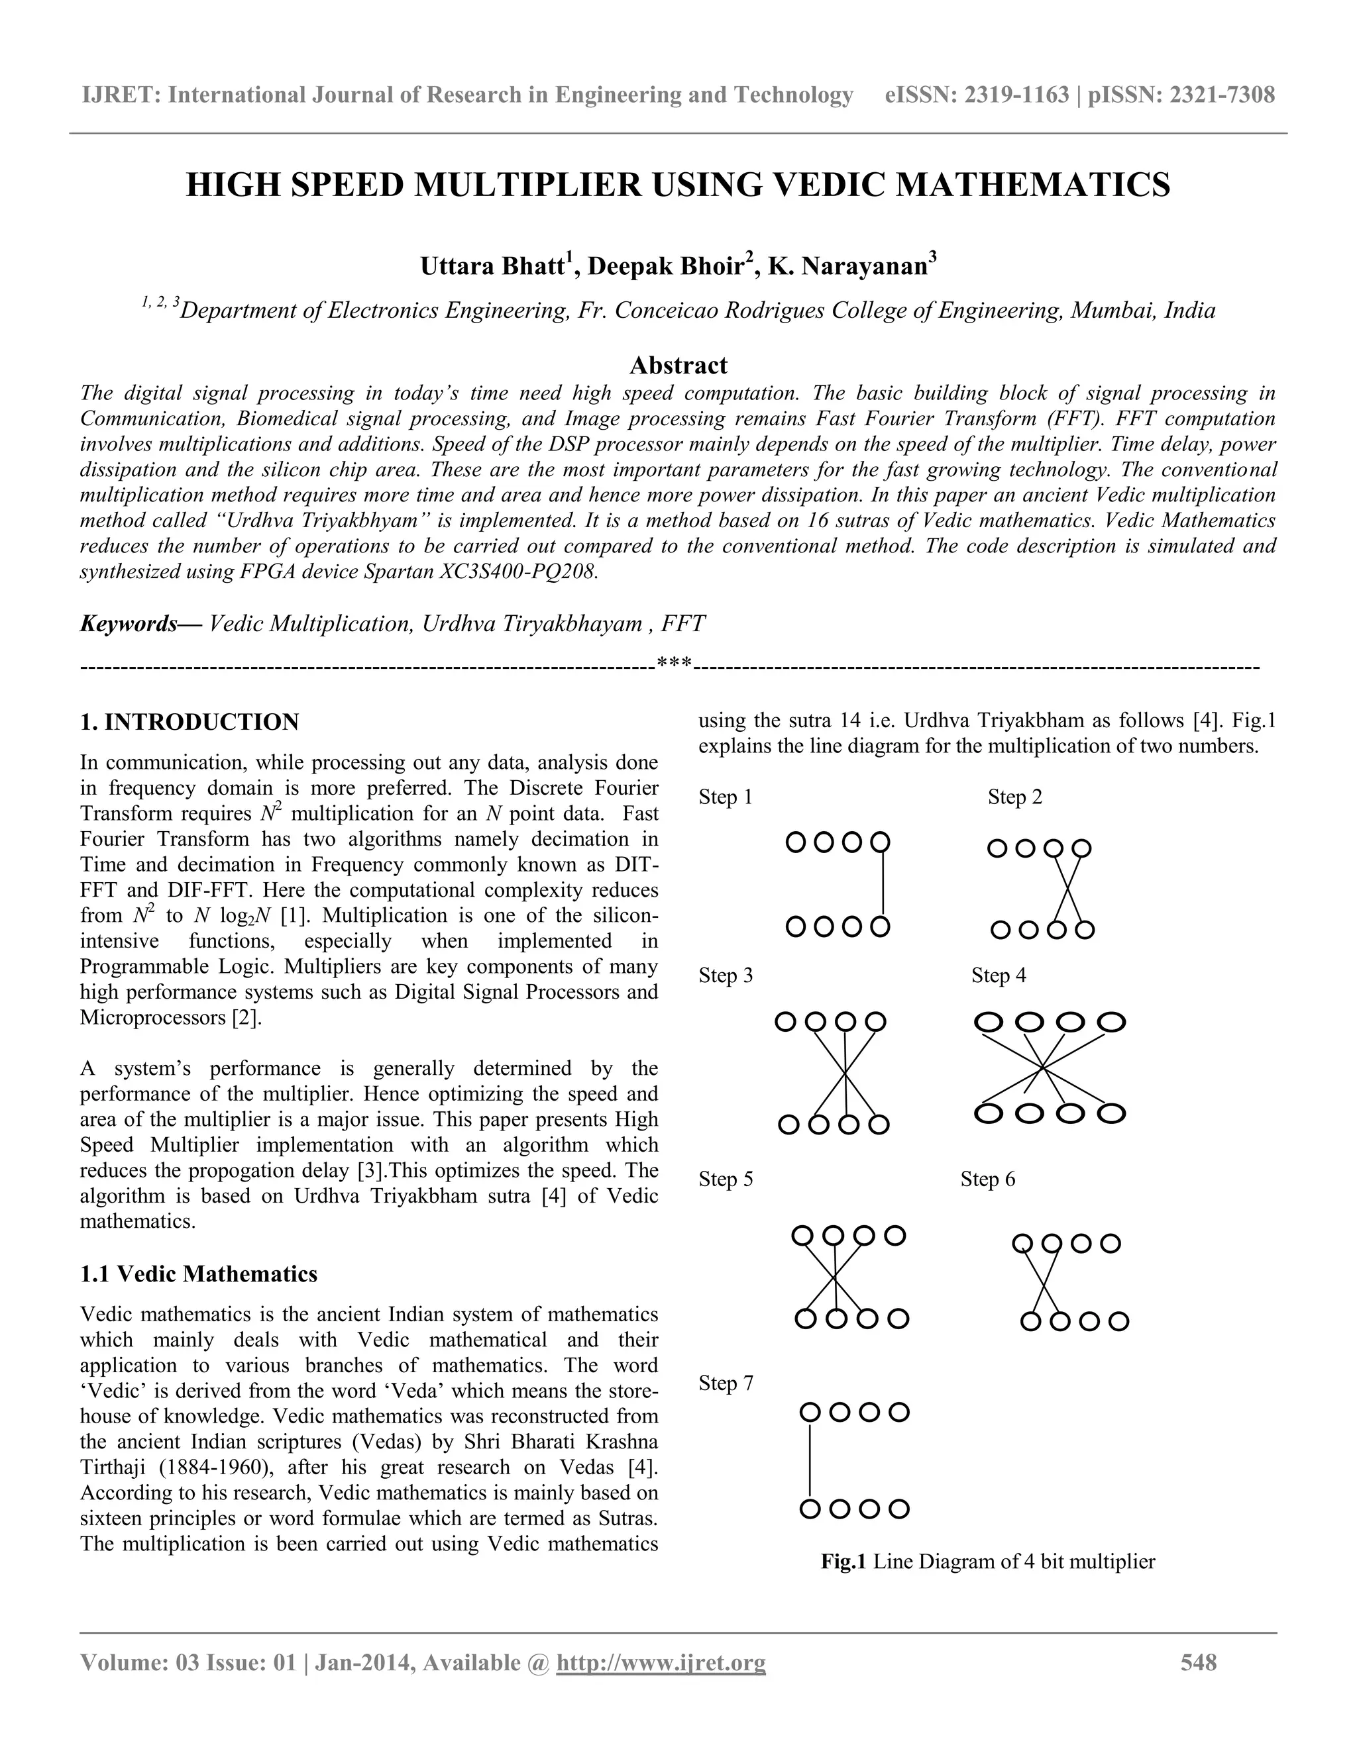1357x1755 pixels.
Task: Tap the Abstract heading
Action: tap(678, 366)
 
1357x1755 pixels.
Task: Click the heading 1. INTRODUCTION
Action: tap(190, 722)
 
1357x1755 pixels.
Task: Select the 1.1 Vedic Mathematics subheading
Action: tap(199, 1274)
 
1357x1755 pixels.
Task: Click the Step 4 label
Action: tap(998, 976)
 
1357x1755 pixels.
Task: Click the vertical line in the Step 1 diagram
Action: tap(883, 884)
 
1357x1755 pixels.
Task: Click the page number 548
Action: tap(1198, 1662)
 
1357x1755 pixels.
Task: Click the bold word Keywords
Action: tap(129, 624)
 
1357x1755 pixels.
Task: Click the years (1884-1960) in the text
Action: tap(214, 1468)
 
